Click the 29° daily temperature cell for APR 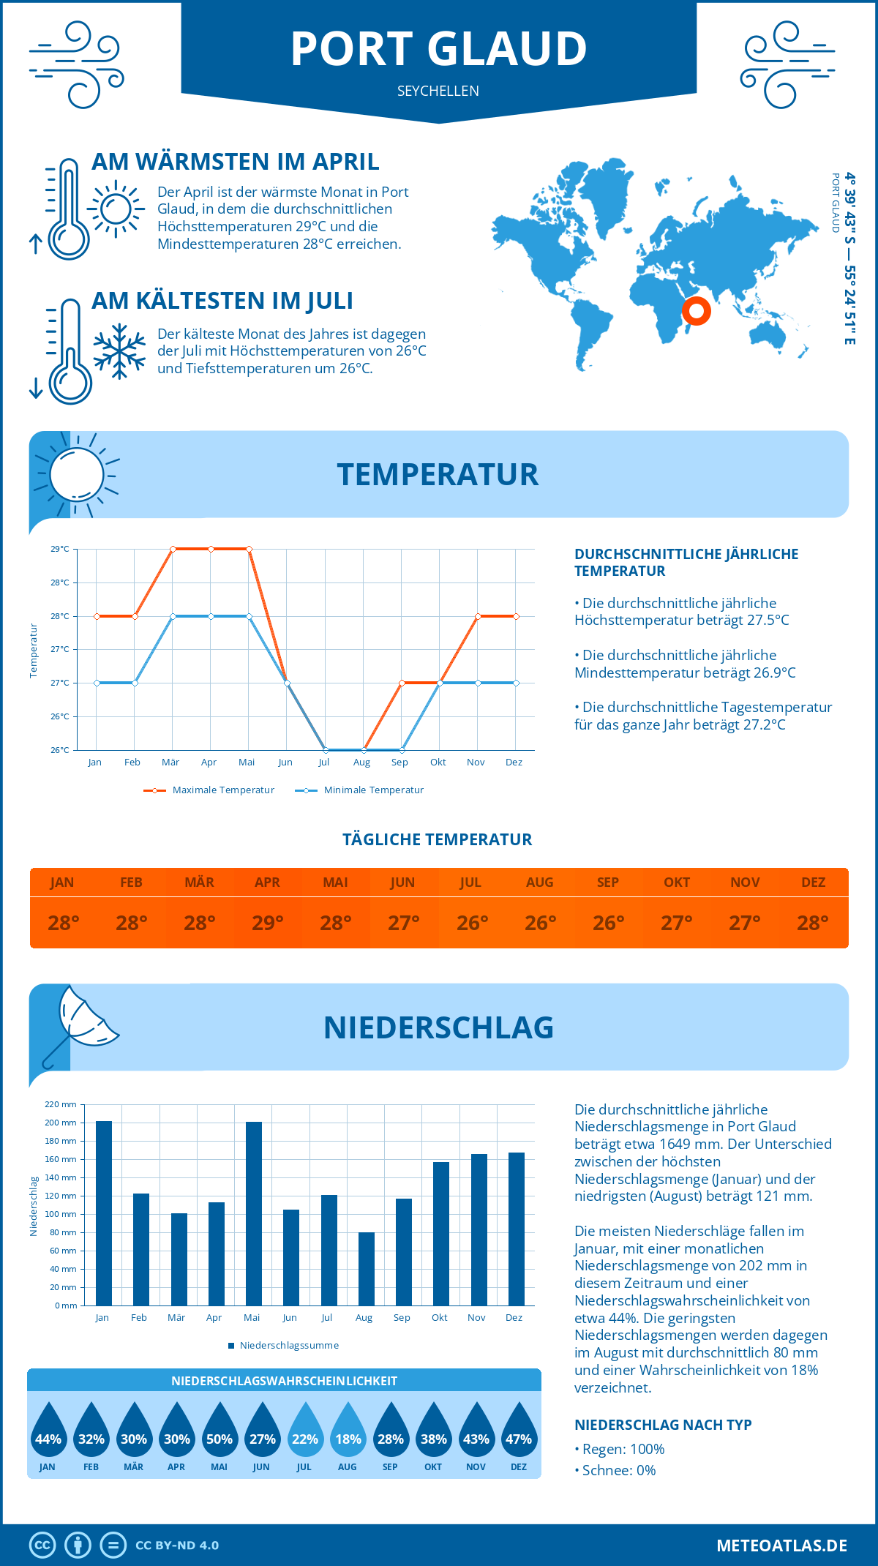click(x=268, y=923)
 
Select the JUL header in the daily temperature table click(x=470, y=883)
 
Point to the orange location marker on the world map click(x=697, y=311)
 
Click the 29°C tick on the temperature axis click(x=60, y=549)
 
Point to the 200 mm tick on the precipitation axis click(x=61, y=1123)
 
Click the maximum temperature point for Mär click(x=173, y=549)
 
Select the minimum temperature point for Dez click(x=517, y=683)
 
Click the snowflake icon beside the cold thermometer click(x=119, y=351)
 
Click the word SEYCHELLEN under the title click(x=438, y=91)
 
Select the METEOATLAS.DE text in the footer click(x=781, y=1546)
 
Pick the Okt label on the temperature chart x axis click(x=438, y=763)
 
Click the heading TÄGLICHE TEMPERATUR click(x=438, y=839)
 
